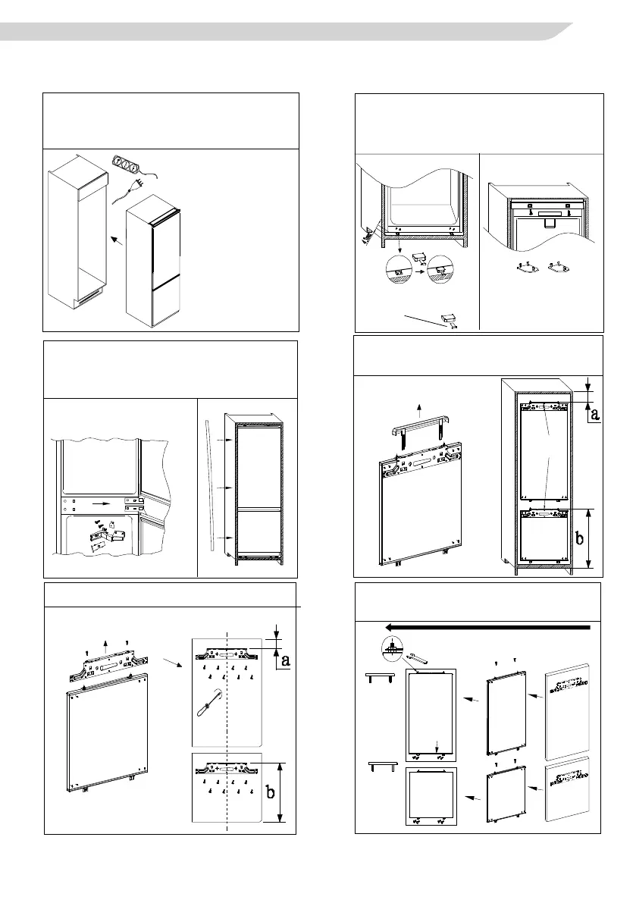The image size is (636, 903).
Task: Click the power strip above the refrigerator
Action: tap(129, 165)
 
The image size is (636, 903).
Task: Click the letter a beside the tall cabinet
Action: tap(594, 413)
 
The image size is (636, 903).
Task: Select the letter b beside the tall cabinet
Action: tap(579, 540)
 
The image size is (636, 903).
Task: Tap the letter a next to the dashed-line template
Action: tap(284, 660)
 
